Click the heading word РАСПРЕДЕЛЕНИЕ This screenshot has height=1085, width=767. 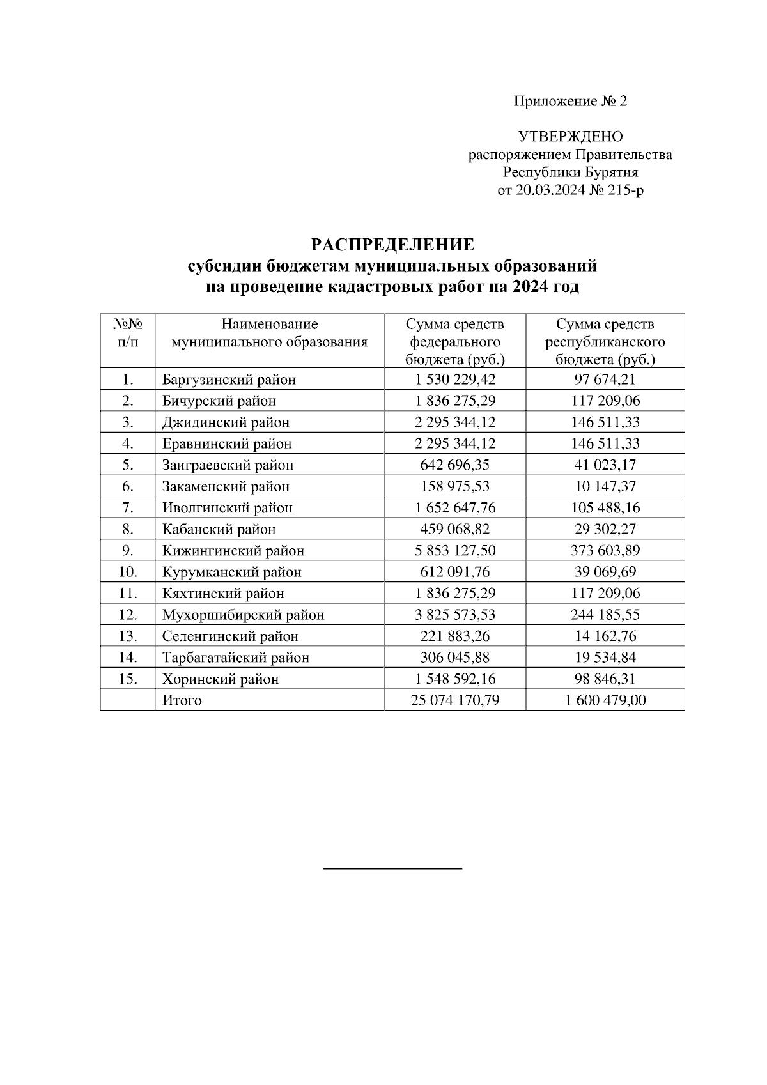(392, 245)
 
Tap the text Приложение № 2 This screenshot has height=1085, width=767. (571, 102)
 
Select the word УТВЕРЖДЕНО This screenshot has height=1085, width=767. (570, 137)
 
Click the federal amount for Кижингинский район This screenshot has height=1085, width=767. (455, 551)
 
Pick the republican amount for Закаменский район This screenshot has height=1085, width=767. (605, 487)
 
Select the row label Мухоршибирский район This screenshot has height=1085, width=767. (243, 615)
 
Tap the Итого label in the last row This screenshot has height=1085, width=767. (182, 700)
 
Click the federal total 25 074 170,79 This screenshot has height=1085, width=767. (455, 700)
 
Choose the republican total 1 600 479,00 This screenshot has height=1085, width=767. (605, 700)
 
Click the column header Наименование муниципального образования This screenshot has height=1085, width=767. (270, 334)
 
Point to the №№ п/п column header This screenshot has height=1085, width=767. (128, 334)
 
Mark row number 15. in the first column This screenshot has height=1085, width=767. (128, 679)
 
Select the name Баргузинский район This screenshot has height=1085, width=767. (229, 380)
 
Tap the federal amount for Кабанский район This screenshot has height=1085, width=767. (455, 530)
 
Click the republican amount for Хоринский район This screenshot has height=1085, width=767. (605, 679)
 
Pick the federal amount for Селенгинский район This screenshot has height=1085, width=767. (455, 636)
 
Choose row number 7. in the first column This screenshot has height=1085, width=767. (128, 508)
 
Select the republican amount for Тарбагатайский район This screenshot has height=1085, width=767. (605, 658)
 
